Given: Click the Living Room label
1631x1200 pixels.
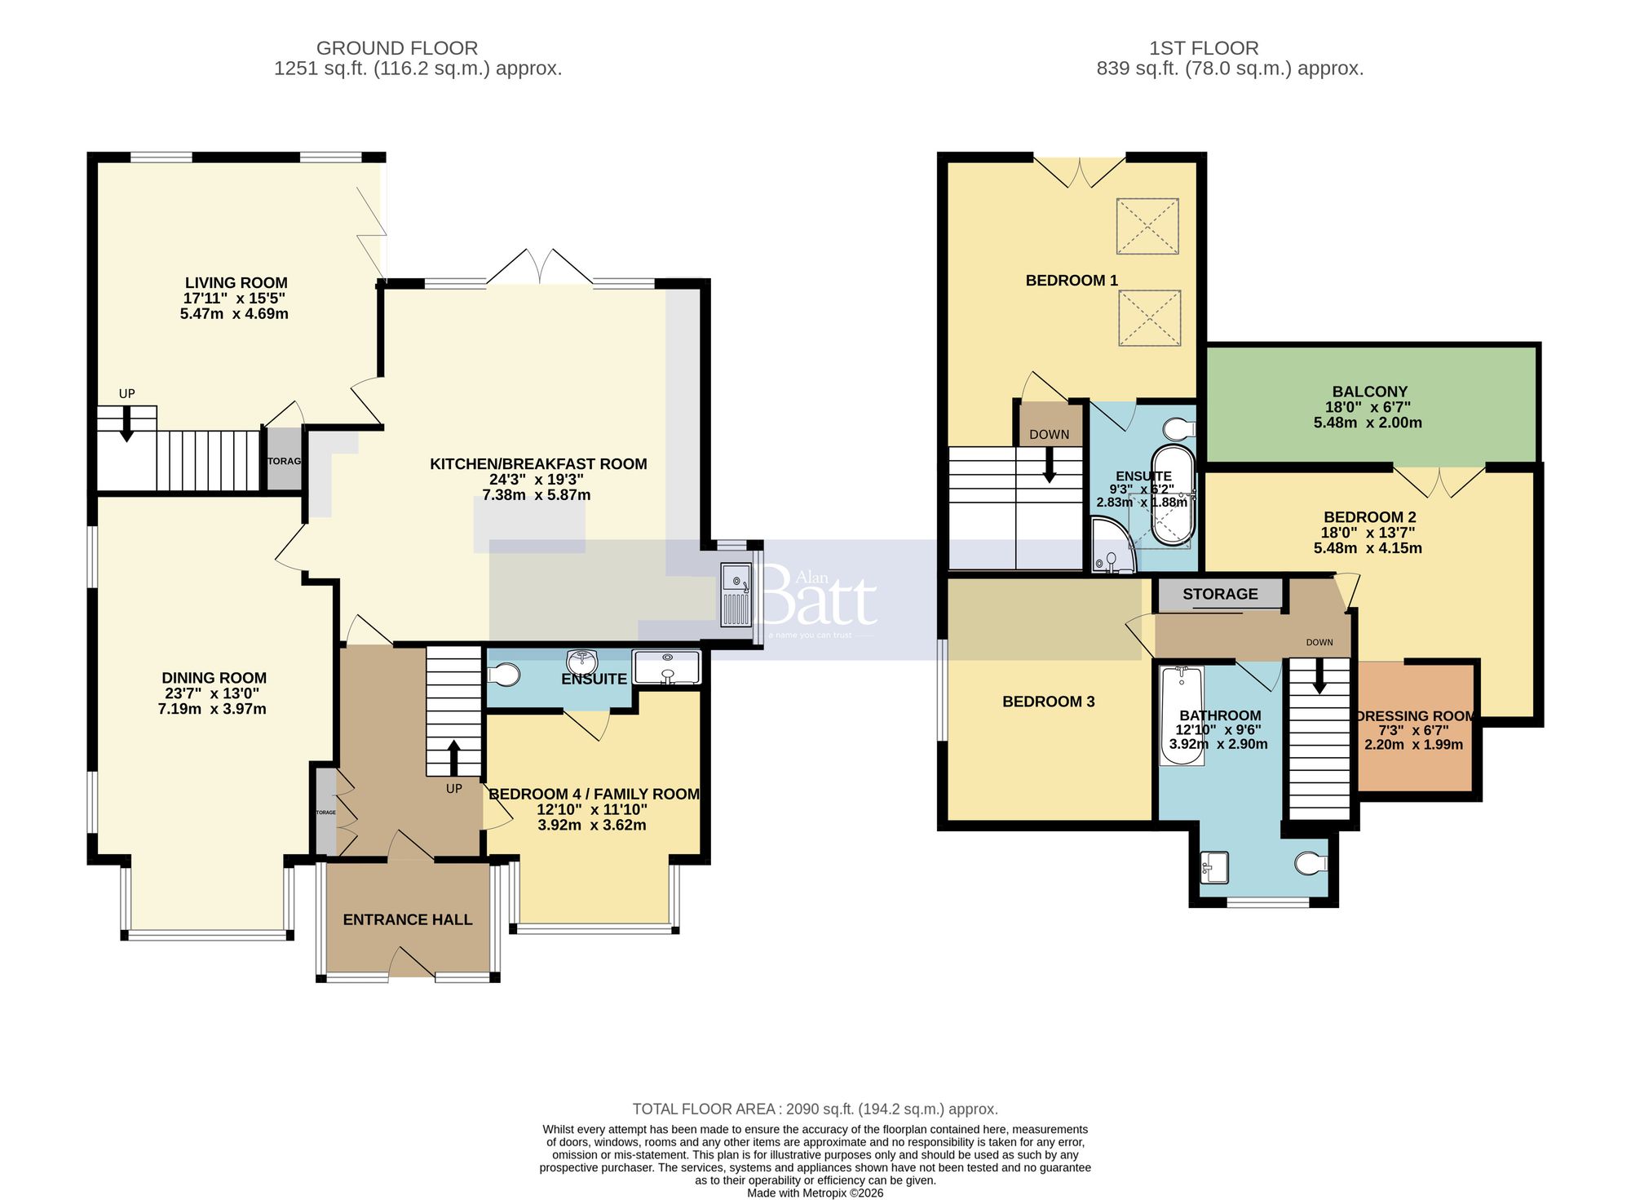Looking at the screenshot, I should pyautogui.click(x=236, y=283).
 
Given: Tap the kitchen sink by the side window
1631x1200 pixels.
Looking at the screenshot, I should pyautogui.click(x=736, y=595).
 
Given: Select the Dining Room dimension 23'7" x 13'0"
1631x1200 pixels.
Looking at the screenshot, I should pyautogui.click(x=212, y=693).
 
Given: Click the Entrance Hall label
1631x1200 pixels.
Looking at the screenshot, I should pyautogui.click(x=407, y=919).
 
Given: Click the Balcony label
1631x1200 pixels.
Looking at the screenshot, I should pyautogui.click(x=1369, y=392).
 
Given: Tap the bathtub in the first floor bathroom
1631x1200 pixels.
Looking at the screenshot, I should pyautogui.click(x=1181, y=715).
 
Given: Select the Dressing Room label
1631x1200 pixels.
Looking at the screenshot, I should pyautogui.click(x=1415, y=716).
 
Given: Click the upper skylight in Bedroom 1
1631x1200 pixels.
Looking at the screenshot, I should pyautogui.click(x=1147, y=226).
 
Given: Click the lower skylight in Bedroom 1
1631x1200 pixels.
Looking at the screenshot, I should pyautogui.click(x=1149, y=318).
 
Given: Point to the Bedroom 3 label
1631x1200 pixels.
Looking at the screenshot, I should pyautogui.click(x=1048, y=702).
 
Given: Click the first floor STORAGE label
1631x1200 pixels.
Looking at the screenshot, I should pyautogui.click(x=1220, y=594).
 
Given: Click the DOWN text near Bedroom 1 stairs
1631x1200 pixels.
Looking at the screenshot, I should pyautogui.click(x=1049, y=434).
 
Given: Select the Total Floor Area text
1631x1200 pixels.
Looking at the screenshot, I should pyautogui.click(x=815, y=1109).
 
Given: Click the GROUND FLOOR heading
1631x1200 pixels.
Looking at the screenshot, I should pyautogui.click(x=396, y=48).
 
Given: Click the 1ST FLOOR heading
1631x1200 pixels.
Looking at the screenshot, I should pyautogui.click(x=1204, y=48).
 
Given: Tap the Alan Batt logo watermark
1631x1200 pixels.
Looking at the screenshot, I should pyautogui.click(x=820, y=600).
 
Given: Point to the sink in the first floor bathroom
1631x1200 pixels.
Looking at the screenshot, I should pyautogui.click(x=1215, y=867).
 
